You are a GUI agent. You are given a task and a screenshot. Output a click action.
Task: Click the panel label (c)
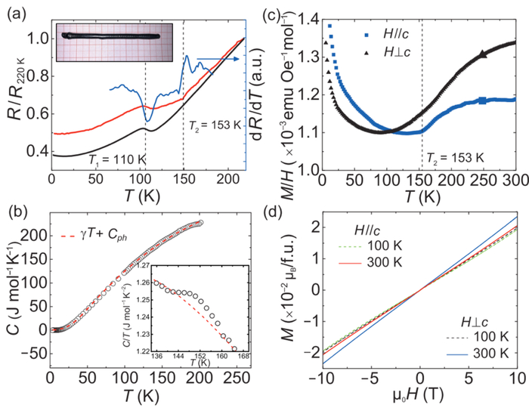pyautogui.click(x=290, y=11)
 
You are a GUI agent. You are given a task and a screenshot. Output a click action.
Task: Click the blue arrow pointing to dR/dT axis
pyautogui.click(x=218, y=57)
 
